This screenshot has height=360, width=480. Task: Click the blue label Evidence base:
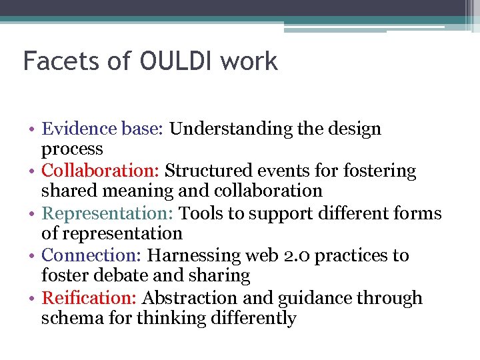tap(103, 129)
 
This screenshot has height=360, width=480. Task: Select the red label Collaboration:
tap(101, 171)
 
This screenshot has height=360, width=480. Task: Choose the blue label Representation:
tap(109, 213)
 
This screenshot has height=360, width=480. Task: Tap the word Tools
tap(202, 213)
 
